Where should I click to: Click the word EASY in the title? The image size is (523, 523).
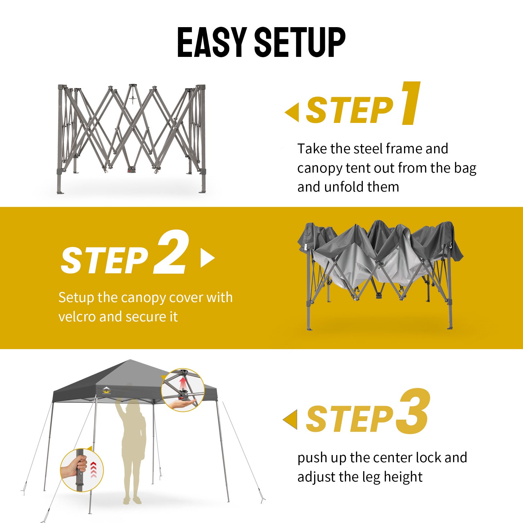tap(212, 42)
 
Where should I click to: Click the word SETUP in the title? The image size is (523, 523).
tap(300, 42)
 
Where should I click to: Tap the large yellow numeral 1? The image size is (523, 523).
tap(411, 103)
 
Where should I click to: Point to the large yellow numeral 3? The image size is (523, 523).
tap(413, 412)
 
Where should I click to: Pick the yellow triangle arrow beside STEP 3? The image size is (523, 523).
tap(290, 419)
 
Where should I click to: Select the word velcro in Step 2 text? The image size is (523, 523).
tap(77, 316)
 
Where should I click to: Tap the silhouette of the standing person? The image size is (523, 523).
tap(132, 451)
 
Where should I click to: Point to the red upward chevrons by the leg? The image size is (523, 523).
tap(93, 470)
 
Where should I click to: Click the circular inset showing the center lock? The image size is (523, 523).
tap(183, 390)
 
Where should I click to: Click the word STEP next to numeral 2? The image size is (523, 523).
tap(105, 260)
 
